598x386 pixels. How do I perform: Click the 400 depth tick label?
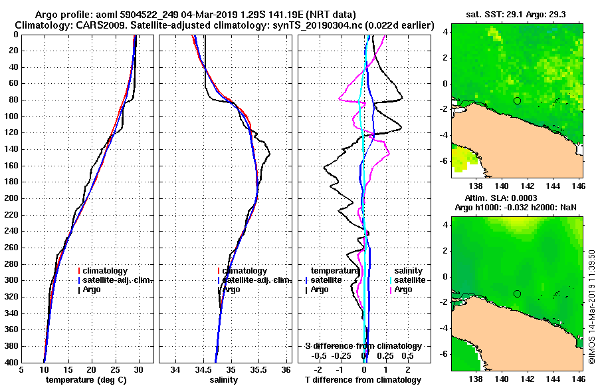tap(11, 362)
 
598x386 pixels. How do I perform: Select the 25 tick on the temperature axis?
tap(115, 371)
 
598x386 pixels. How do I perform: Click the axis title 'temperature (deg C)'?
tap(86, 380)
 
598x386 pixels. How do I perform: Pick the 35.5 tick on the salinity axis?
tap(258, 371)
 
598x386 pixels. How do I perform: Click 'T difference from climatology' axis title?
tap(363, 380)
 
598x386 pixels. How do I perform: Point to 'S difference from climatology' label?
tap(363, 346)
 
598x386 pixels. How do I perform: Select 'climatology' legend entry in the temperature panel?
tap(106, 271)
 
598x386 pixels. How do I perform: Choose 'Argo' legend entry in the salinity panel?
tap(232, 289)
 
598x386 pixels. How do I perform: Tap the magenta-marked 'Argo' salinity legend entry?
tap(403, 289)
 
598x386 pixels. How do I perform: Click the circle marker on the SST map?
tap(517, 100)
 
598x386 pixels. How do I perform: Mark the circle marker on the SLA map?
tap(517, 293)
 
